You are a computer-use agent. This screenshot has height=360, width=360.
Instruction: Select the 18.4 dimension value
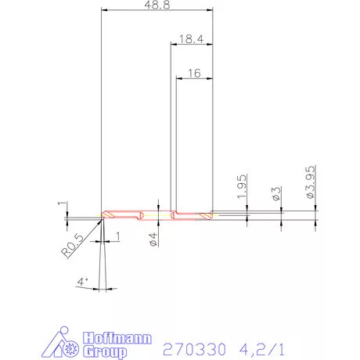coord(191,38)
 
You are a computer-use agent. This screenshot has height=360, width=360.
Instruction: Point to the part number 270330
coord(189,346)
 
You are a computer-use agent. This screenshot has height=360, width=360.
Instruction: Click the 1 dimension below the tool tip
coord(117,236)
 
